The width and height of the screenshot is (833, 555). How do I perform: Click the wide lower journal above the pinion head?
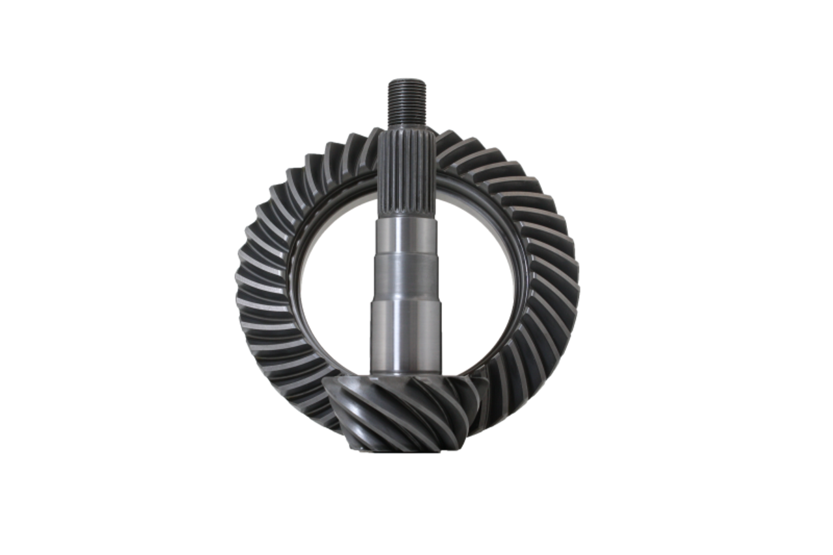pyautogui.click(x=405, y=332)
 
